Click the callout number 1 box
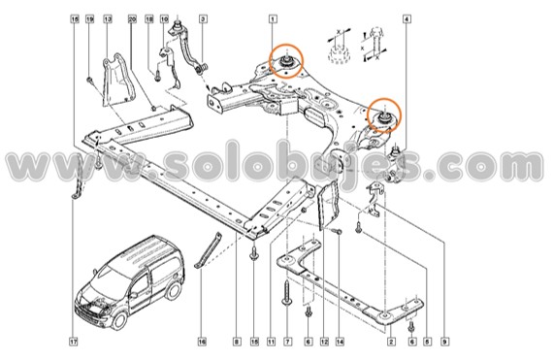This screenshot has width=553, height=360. pos(273,18)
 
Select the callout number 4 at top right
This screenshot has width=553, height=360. pos(407,18)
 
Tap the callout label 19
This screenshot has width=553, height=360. pos(89,18)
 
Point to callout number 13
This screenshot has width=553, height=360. pos(107,18)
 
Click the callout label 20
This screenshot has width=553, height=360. pos(133,18)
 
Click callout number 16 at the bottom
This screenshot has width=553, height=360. pos(203,342)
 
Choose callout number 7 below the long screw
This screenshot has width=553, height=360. pos(287,342)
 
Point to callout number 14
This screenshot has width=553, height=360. pos(340,342)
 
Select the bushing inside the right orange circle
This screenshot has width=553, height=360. pos(382,116)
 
